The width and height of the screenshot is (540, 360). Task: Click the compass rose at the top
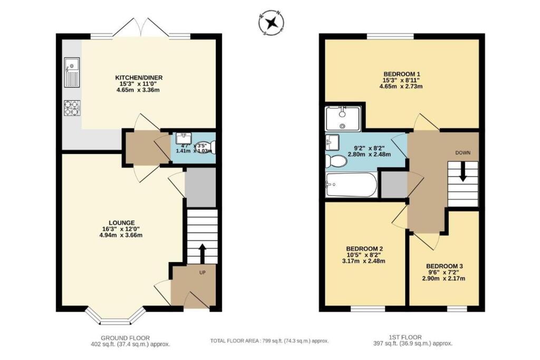[272, 22]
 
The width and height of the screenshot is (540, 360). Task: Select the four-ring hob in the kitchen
[71, 108]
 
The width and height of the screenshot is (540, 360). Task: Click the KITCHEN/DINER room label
[139, 77]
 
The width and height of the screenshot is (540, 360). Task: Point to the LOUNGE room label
[122, 222]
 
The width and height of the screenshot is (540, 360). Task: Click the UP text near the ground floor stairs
[202, 273]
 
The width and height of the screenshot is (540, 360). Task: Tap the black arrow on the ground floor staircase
[202, 253]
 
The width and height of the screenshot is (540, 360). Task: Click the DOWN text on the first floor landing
[463, 152]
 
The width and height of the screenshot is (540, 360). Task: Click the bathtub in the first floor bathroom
[351, 184]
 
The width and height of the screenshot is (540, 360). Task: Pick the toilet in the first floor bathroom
[335, 160]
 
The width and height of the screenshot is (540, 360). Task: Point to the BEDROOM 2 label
[364, 248]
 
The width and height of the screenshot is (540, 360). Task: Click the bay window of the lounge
[115, 315]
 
